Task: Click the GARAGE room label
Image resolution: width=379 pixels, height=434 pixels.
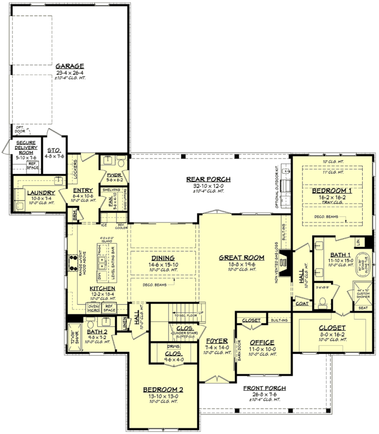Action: click(x=70, y=66)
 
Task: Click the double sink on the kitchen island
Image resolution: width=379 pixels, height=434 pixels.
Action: click(x=101, y=264)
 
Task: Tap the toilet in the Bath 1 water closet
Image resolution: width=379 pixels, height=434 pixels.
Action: click(x=323, y=302)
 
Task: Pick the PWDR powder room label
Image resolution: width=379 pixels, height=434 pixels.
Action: click(x=113, y=175)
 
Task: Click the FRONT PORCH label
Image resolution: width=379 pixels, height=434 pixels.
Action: click(x=264, y=388)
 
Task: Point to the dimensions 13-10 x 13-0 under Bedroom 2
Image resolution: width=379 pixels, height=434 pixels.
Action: click(x=163, y=396)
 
